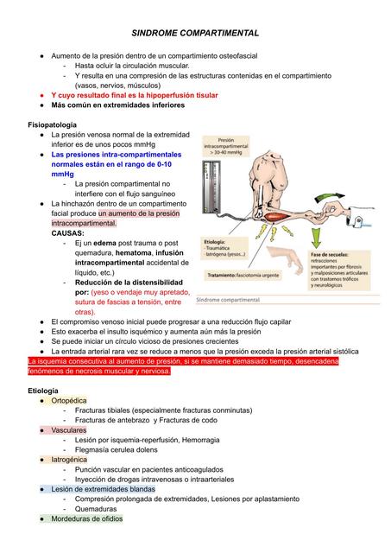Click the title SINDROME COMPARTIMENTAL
[x=194, y=32]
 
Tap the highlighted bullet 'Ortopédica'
[x=69, y=401]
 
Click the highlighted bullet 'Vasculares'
[x=69, y=429]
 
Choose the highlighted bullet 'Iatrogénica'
[x=70, y=460]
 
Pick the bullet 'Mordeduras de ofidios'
[x=87, y=519]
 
